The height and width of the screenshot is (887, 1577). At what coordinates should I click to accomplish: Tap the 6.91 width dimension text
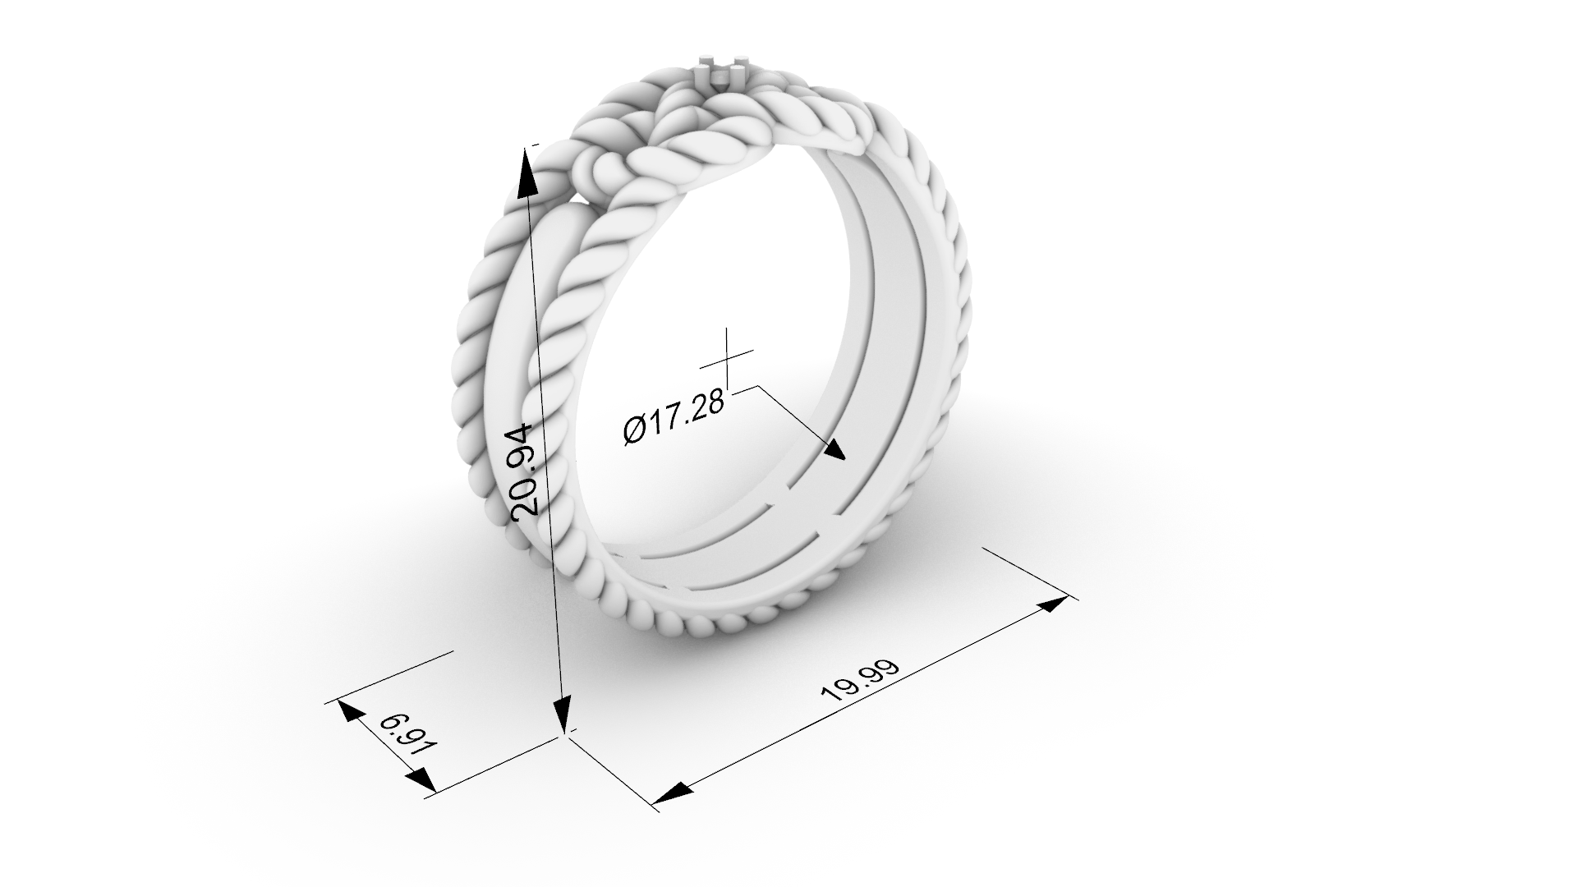coord(407,737)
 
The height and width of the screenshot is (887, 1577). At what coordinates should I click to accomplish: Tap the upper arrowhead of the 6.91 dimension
coord(351,711)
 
